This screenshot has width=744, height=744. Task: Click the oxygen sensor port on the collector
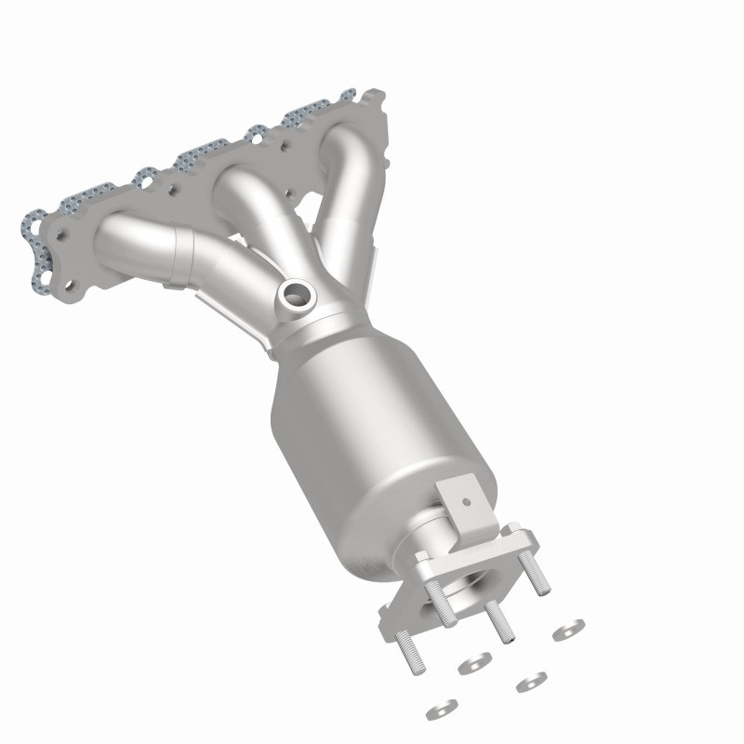[296, 297]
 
